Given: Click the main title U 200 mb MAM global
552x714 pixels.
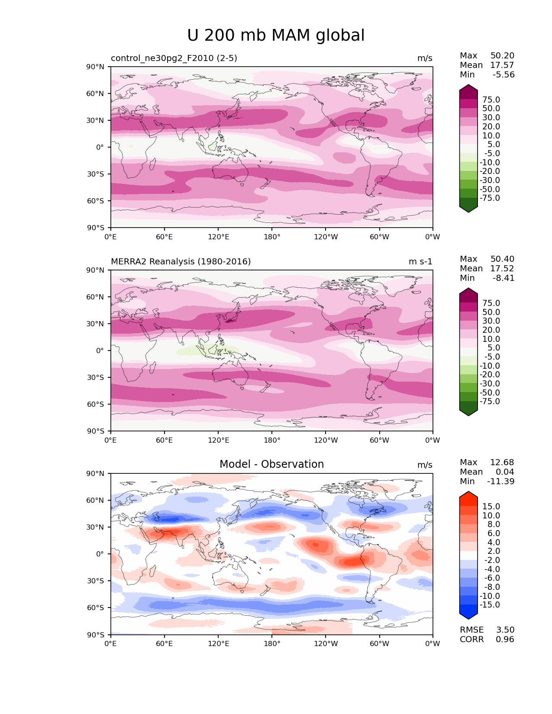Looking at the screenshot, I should (x=276, y=35).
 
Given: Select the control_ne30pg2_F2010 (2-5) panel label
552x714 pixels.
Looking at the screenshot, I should (x=174, y=58).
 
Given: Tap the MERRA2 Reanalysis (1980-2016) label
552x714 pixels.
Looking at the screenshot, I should (x=181, y=261).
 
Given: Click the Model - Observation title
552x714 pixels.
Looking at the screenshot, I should (x=271, y=464).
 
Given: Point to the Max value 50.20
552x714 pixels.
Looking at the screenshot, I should (x=502, y=55).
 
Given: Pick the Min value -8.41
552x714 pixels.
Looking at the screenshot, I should (x=504, y=278).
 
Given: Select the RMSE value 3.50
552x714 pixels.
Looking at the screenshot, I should (x=505, y=630).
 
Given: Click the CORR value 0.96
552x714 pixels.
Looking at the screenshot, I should (x=505, y=639).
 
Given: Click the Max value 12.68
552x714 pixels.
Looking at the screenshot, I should (x=502, y=462).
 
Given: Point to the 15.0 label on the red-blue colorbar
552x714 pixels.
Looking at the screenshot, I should (x=491, y=506).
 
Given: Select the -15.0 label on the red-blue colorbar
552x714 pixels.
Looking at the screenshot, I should (x=490, y=605).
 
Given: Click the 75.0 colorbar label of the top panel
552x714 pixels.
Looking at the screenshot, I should (x=491, y=100).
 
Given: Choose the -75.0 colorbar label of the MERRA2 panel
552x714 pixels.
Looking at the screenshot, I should (x=490, y=401).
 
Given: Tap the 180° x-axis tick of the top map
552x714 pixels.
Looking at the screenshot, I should (x=272, y=237).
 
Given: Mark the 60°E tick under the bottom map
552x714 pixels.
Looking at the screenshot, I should (x=165, y=643).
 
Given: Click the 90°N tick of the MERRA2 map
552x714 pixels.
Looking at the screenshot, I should (x=96, y=270).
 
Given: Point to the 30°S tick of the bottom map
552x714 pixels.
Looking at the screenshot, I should (x=96, y=581).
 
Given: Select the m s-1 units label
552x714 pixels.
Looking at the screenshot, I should (x=420, y=261).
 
